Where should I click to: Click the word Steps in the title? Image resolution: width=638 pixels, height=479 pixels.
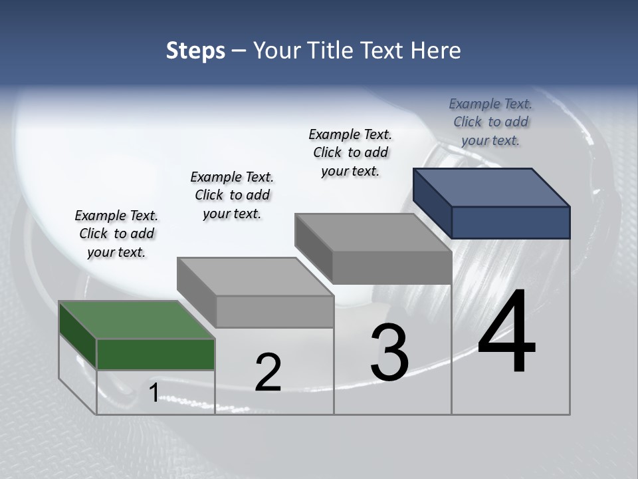195,51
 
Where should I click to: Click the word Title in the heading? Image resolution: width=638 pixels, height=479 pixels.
332,51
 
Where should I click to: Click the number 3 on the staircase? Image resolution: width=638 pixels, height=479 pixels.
389,353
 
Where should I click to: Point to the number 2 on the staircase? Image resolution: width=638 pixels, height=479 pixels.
268,373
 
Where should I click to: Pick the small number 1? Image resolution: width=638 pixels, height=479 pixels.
154,393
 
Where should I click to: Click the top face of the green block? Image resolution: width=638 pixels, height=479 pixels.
137,320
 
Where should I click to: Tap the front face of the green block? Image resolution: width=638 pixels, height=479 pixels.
156,354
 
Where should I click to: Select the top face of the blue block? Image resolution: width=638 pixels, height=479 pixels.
491,187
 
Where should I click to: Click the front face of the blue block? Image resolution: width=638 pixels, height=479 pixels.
510,222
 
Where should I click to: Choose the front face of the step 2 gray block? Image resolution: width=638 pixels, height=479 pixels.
274,311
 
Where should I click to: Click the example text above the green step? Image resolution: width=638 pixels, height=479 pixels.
116,234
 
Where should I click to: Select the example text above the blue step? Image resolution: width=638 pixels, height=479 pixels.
490,122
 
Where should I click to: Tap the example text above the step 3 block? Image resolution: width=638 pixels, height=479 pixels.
350,152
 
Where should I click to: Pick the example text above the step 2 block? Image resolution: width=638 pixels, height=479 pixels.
232,195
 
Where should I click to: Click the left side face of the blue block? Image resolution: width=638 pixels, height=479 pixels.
432,203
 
